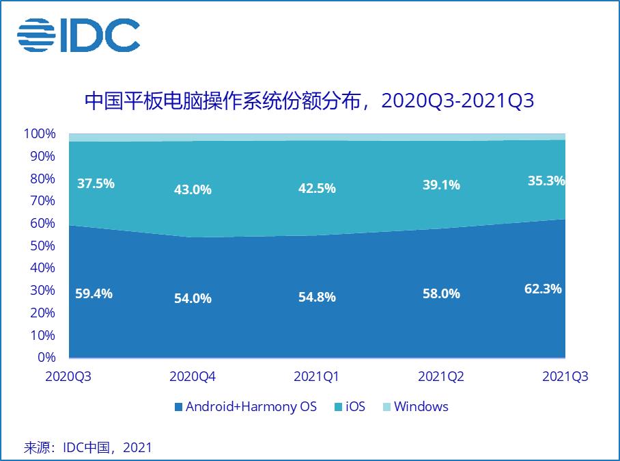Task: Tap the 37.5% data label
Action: coord(96,183)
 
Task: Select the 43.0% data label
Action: coord(193,189)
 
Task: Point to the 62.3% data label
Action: coord(543,289)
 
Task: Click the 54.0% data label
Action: coord(193,298)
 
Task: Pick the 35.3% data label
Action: coord(546,181)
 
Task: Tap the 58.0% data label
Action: coord(441,294)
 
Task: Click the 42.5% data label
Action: coord(317,188)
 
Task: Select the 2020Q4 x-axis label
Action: coord(193,377)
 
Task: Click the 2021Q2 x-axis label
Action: coord(441,377)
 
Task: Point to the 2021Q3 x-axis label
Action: coord(565,377)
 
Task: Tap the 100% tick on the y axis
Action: coord(40,133)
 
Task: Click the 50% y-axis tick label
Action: coord(42,246)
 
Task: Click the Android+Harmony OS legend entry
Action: coord(246,407)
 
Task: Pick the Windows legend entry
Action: coord(415,407)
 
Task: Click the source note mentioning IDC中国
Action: coord(88,448)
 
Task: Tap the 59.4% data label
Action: coord(94,293)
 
